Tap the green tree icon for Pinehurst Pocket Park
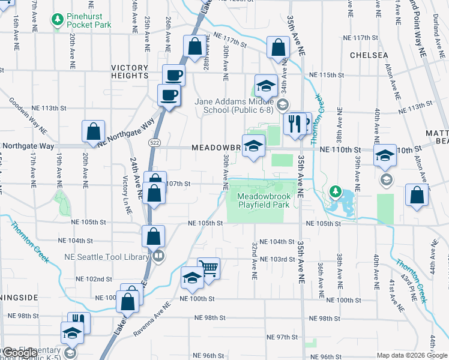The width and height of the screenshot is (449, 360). click(58, 20)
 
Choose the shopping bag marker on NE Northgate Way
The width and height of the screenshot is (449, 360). click(94, 131)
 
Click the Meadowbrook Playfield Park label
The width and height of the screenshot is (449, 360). click(264, 200)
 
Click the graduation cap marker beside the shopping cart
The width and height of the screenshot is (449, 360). click(192, 277)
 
